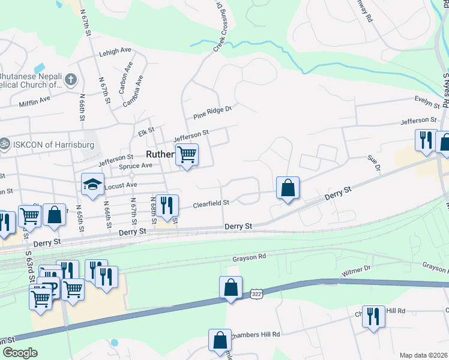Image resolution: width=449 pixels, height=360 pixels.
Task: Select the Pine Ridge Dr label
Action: pyautogui.click(x=212, y=112)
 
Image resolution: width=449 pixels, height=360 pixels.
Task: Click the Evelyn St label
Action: pyautogui.click(x=428, y=100)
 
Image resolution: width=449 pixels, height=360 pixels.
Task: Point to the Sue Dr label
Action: pyautogui.click(x=375, y=162)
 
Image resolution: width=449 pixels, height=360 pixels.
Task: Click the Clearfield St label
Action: pyautogui.click(x=211, y=204)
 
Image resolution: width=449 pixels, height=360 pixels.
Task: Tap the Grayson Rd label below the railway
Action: pyautogui.click(x=249, y=258)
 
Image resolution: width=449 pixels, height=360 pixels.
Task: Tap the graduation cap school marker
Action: pyautogui.click(x=93, y=184)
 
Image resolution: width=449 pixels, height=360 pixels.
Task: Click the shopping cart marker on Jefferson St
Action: pyautogui.click(x=187, y=155)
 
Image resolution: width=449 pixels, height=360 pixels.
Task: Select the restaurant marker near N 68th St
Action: pyautogui.click(x=167, y=205)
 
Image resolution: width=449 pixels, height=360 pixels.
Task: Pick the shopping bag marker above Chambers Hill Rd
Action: pyautogui.click(x=220, y=340)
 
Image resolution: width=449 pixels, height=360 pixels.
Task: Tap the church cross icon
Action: pyautogui.click(x=71, y=79)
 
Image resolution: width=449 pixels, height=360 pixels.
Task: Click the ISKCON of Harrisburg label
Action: pyautogui.click(x=44, y=144)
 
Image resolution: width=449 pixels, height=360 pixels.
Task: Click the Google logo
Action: pyautogui.click(x=19, y=352)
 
